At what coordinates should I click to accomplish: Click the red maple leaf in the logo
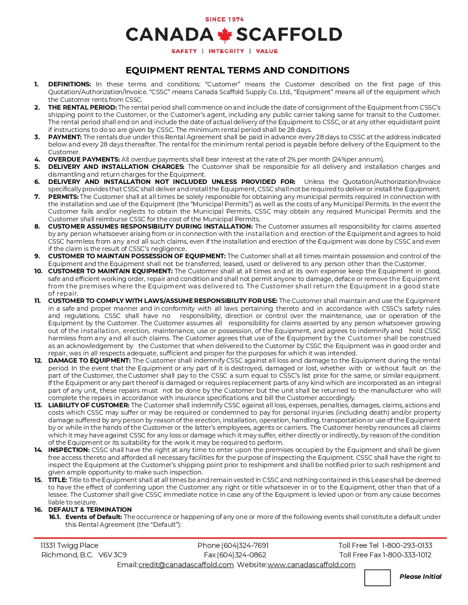click(x=225, y=35)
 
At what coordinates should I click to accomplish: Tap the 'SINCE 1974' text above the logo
click(x=225, y=19)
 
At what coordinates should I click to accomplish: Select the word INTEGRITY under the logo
click(x=226, y=51)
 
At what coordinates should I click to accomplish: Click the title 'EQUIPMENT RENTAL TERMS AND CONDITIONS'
click(x=237, y=70)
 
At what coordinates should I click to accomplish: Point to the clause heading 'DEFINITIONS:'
click(x=70, y=84)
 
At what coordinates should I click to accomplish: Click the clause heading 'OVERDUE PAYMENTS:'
click(x=84, y=159)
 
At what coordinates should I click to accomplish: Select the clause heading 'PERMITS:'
click(x=63, y=197)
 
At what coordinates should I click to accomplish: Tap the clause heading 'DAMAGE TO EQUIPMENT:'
click(x=89, y=361)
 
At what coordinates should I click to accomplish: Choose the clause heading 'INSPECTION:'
click(x=69, y=450)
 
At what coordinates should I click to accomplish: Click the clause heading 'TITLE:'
click(x=58, y=480)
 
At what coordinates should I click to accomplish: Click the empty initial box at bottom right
click(x=377, y=577)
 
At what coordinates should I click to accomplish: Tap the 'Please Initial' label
click(x=420, y=577)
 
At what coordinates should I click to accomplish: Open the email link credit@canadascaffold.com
click(x=186, y=565)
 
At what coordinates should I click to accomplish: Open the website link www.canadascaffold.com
click(x=311, y=565)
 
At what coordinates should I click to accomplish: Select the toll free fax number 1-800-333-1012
click(x=407, y=555)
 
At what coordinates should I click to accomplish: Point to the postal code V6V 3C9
click(x=113, y=555)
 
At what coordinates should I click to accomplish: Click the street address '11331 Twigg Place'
click(x=69, y=545)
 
